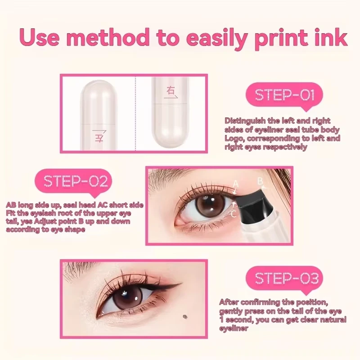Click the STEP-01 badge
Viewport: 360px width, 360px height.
pyautogui.click(x=284, y=95)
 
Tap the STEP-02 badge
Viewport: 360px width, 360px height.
pyautogui.click(x=76, y=181)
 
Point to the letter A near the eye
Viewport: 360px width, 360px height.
pyautogui.click(x=235, y=183)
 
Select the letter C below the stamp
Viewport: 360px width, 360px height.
pyautogui.click(x=233, y=215)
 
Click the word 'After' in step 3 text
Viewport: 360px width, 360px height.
pyautogui.click(x=229, y=302)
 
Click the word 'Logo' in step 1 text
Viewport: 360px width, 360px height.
pyautogui.click(x=234, y=139)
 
